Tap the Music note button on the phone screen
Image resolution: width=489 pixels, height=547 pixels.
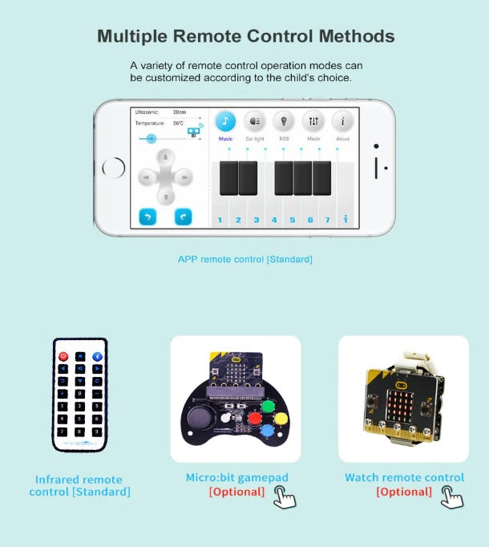226,121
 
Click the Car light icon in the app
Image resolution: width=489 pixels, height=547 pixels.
255,121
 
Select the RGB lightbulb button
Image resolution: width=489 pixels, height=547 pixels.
284,121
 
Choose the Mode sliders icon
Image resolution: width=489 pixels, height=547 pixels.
313,121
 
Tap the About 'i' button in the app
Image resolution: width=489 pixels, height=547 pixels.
342,121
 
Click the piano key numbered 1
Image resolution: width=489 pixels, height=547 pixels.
220,218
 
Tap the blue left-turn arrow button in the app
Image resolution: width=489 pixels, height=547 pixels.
148,217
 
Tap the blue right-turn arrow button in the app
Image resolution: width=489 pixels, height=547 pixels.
183,217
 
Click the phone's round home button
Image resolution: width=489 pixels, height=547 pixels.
114,168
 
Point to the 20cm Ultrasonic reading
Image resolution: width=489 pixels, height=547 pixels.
180,111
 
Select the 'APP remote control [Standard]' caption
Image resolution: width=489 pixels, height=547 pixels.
244,259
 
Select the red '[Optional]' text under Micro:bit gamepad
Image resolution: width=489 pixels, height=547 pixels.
236,492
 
